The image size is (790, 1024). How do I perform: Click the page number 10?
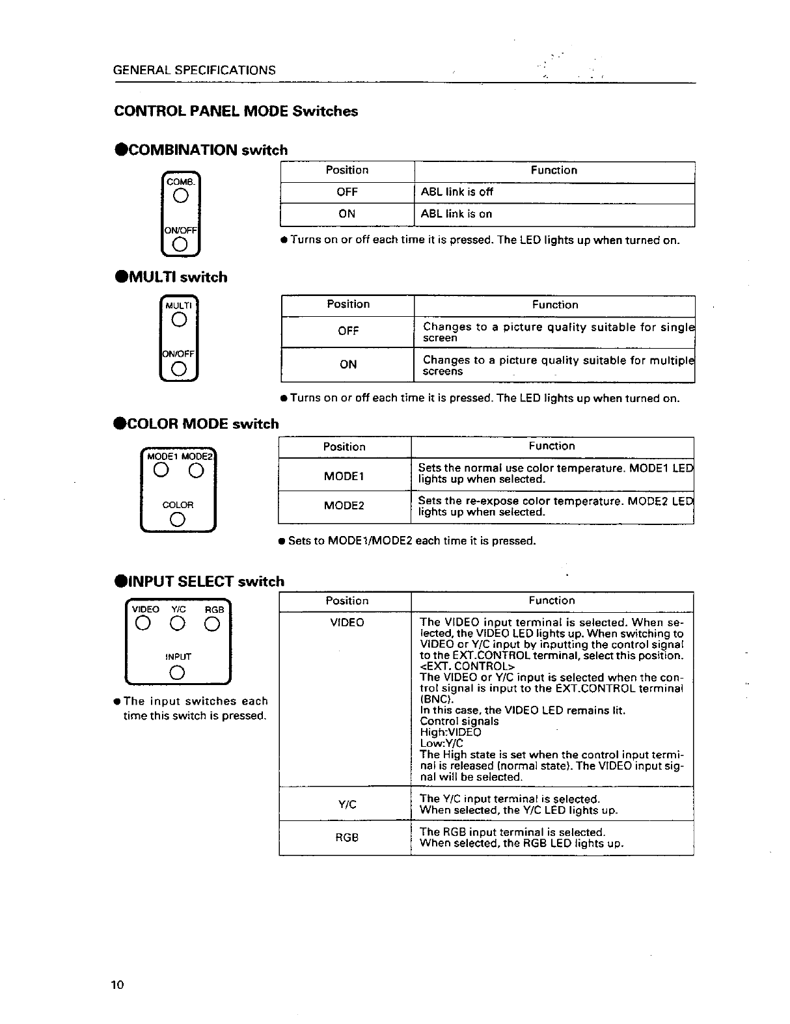coord(117,984)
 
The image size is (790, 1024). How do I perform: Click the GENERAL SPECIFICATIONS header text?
coord(194,70)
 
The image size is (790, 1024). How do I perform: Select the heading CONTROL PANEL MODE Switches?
coord(236,111)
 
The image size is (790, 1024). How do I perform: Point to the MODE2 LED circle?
coord(196,472)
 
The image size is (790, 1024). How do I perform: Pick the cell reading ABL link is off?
coord(457,192)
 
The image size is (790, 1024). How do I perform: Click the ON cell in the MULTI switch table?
coord(347,365)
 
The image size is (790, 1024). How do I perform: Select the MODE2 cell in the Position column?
coord(344,506)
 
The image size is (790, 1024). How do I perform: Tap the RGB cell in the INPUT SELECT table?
coord(346,838)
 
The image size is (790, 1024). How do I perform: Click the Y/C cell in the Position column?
coord(347,805)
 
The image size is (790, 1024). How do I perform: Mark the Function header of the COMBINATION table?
coord(554,170)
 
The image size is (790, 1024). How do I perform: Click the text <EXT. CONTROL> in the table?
coord(467,666)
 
